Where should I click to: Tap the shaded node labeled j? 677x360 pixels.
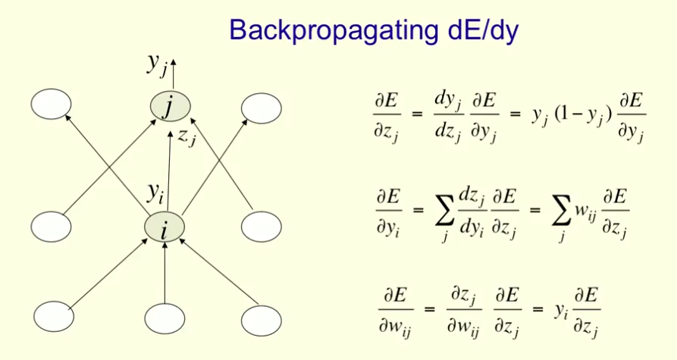167,107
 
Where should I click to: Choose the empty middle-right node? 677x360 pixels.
262,227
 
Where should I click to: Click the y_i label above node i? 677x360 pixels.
155,194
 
